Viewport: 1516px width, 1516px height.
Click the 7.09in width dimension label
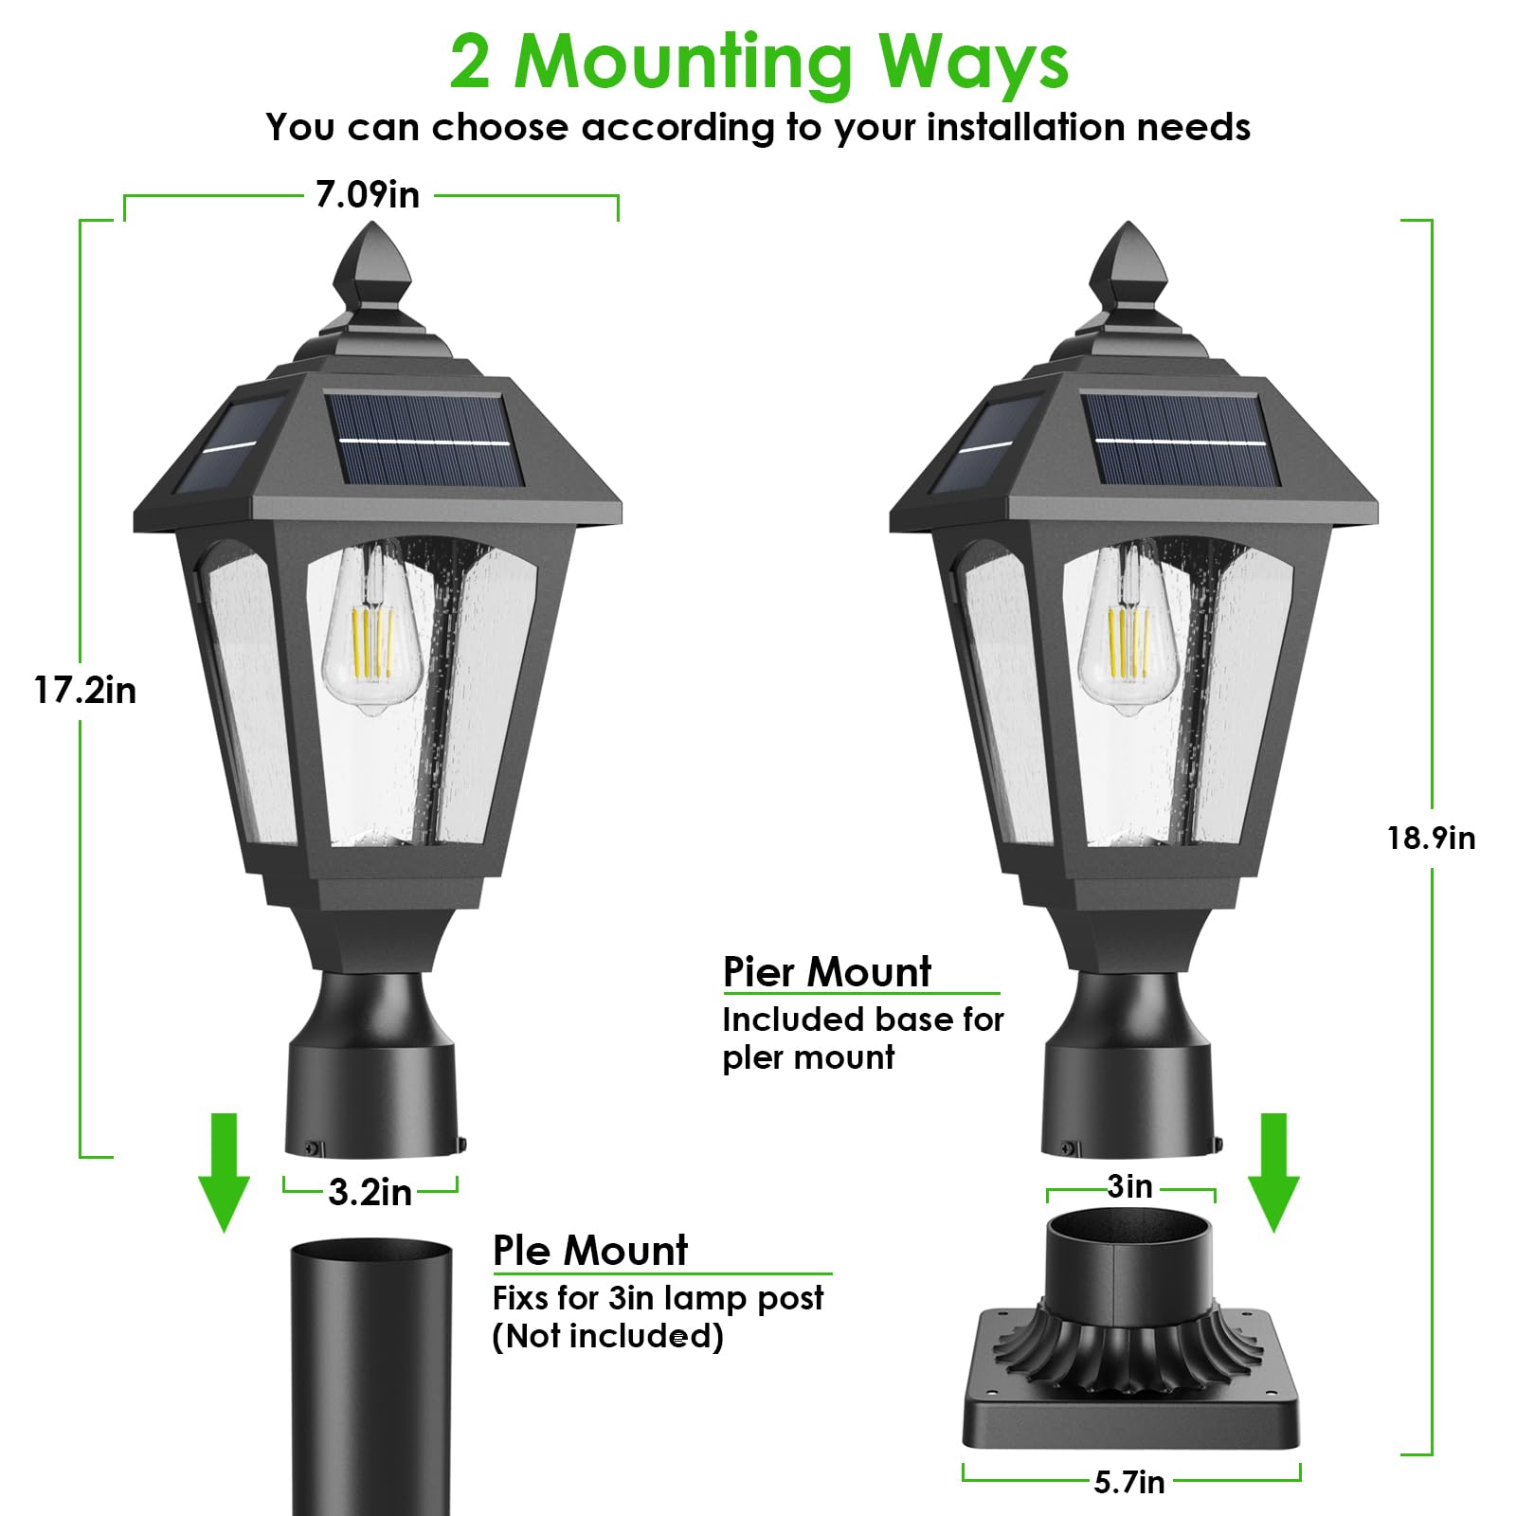(x=368, y=195)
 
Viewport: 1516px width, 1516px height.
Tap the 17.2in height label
(x=85, y=691)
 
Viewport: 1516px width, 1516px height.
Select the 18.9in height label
(x=1431, y=839)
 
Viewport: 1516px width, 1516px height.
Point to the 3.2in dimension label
(x=370, y=1193)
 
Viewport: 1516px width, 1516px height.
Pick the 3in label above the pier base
(x=1130, y=1186)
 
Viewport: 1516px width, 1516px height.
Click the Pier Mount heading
(x=827, y=972)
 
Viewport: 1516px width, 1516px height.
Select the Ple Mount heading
(x=590, y=1251)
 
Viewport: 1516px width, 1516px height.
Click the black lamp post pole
(x=370, y=1374)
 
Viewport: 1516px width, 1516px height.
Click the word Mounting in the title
(x=683, y=63)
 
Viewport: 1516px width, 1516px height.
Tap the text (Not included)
(x=607, y=1336)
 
